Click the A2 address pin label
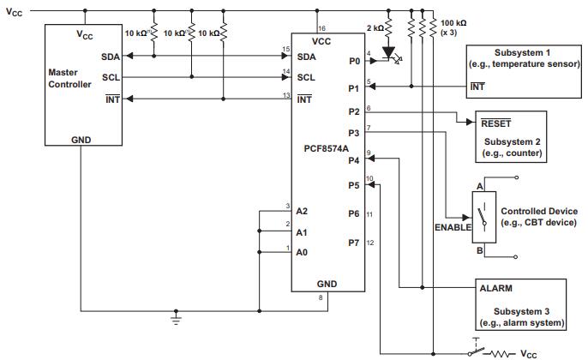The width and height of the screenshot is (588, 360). [x=302, y=210]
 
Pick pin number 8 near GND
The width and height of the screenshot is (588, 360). [x=321, y=297]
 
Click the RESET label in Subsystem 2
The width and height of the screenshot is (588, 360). [x=496, y=123]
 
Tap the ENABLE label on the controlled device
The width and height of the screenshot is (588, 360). [x=453, y=228]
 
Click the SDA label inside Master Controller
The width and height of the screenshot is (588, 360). [x=111, y=57]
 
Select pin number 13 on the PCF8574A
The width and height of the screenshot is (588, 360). [x=286, y=95]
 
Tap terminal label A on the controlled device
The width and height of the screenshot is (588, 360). [x=480, y=185]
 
